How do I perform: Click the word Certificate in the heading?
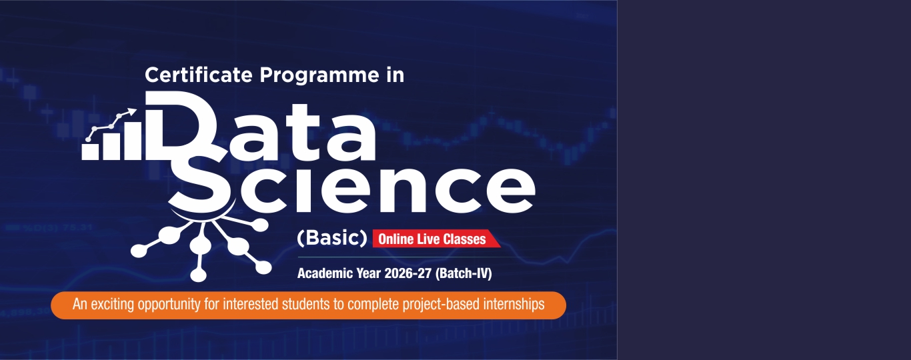point(199,75)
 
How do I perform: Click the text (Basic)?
point(332,238)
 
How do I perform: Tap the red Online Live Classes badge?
point(436,239)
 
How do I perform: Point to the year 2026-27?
point(407,273)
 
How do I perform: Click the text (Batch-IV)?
point(464,273)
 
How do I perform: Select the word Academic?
point(325,273)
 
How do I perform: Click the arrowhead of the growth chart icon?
point(132,111)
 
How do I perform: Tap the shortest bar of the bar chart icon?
point(90,151)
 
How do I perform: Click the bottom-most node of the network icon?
point(199,275)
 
